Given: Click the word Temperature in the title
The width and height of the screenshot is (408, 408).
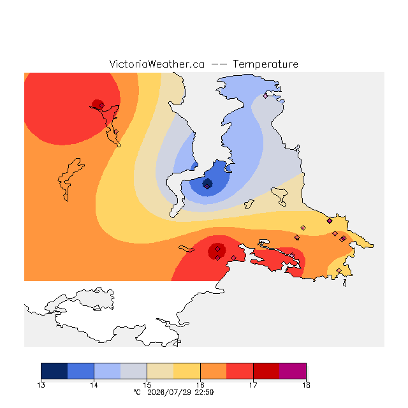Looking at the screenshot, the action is [x=265, y=64].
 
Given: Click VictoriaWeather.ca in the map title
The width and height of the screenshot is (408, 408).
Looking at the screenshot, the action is [x=157, y=64].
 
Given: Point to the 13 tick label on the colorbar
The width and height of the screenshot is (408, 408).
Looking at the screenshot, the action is [x=41, y=385].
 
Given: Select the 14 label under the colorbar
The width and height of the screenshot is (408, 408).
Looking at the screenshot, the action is [x=94, y=385].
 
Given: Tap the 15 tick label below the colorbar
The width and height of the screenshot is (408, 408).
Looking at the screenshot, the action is [x=147, y=385].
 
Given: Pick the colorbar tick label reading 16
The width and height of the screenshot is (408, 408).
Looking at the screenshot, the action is [x=200, y=385].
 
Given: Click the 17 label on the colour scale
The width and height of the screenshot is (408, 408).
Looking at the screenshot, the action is [x=253, y=385].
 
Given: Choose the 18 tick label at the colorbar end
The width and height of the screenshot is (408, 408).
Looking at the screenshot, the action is [x=306, y=385].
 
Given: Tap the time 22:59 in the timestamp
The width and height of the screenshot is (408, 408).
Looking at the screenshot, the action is [x=205, y=393].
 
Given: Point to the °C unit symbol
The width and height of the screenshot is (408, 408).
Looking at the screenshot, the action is [x=137, y=392].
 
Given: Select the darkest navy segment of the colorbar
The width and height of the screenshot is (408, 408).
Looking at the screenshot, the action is [x=54, y=371].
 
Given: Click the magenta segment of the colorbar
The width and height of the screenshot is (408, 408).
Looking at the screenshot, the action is [x=293, y=371].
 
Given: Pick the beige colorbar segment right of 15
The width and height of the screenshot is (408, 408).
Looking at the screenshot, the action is [x=160, y=371].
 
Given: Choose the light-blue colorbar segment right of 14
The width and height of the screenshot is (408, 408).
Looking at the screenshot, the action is [x=107, y=371].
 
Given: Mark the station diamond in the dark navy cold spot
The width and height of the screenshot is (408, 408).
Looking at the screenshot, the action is [x=207, y=186].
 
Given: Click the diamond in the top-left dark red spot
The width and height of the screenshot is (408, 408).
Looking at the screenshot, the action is [x=101, y=105].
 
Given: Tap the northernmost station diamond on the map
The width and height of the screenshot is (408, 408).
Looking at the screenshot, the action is [x=265, y=96].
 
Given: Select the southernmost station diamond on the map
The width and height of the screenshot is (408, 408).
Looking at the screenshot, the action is [x=339, y=270].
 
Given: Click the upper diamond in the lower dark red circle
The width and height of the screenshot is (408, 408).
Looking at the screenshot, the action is [x=218, y=249].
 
